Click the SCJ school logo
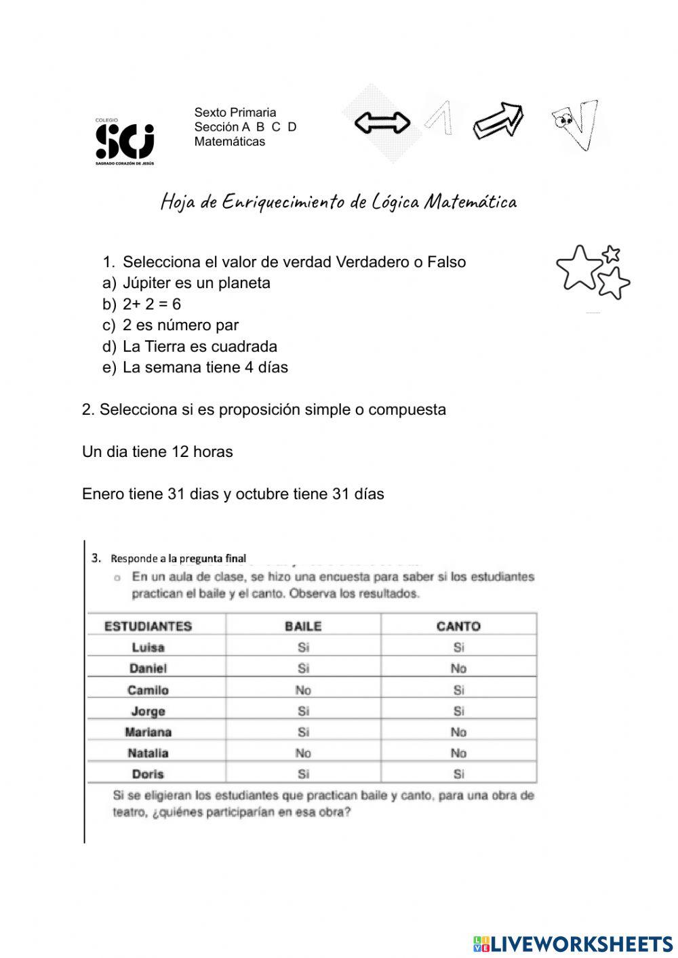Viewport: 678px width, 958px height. tap(125, 142)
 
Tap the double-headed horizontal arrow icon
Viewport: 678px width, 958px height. tap(382, 123)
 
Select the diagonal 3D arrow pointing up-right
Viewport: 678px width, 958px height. tap(498, 121)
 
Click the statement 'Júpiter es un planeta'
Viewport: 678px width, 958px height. tap(196, 283)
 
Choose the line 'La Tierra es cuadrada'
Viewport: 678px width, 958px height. tap(199, 346)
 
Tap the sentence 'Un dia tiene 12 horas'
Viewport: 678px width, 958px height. tap(157, 452)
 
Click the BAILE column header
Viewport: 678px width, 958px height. tap(303, 626)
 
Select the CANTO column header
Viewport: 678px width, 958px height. tap(458, 626)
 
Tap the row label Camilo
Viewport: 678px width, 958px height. tap(148, 690)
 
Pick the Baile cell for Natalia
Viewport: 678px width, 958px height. tap(303, 753)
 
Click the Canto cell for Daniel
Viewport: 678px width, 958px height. tap(458, 668)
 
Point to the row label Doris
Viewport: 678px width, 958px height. tap(148, 774)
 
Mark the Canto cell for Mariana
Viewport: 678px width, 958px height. tap(458, 732)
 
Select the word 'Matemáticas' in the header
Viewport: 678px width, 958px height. tap(229, 142)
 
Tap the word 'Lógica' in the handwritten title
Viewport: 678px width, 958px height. tap(395, 202)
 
